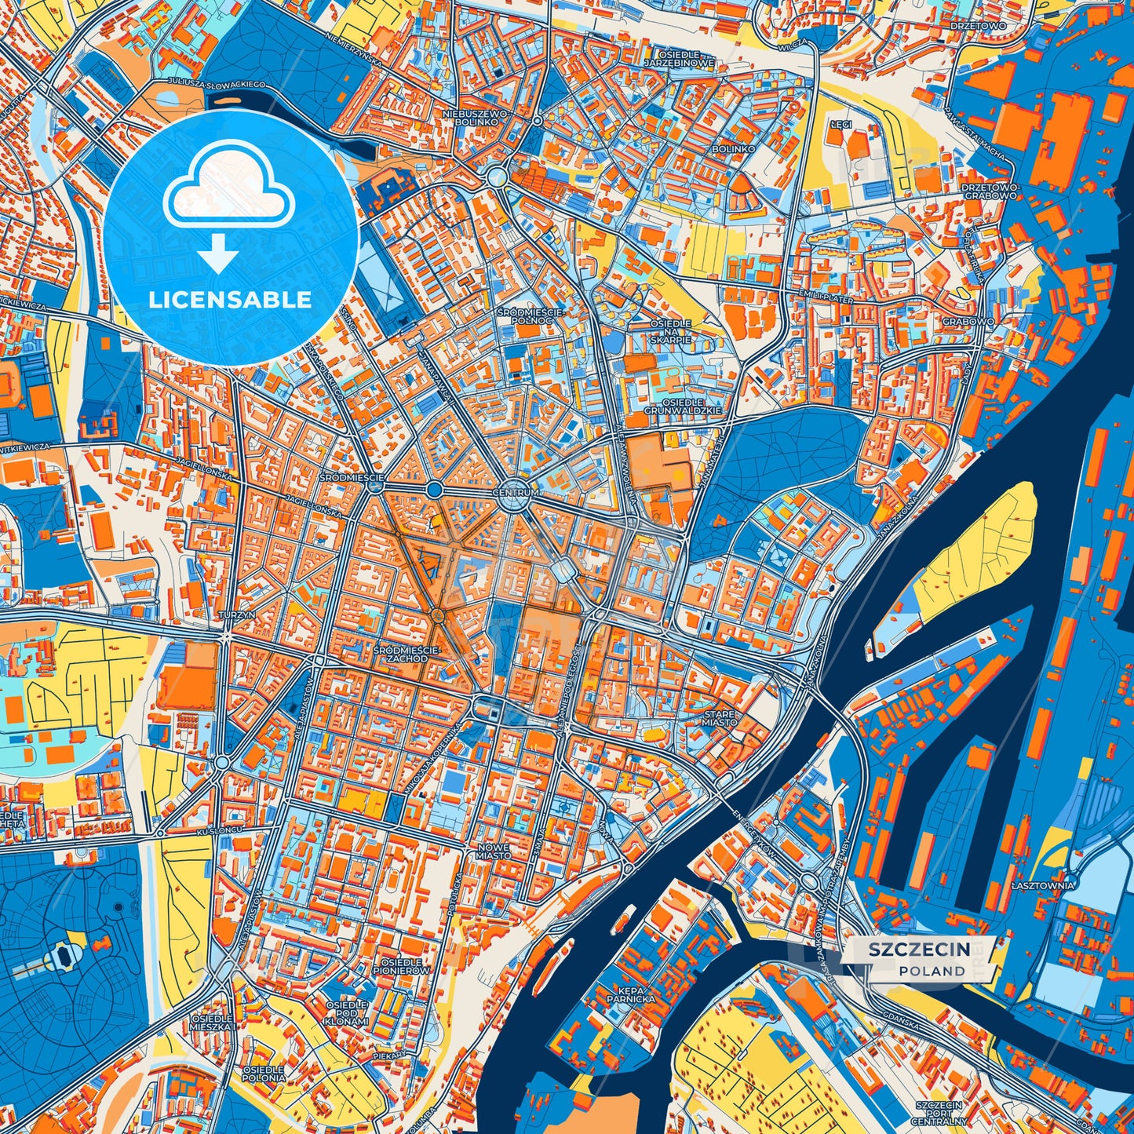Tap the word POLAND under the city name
pos(932,971)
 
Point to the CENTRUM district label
pos(516,493)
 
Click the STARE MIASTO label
pos(720,718)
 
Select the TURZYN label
pos(236,615)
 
